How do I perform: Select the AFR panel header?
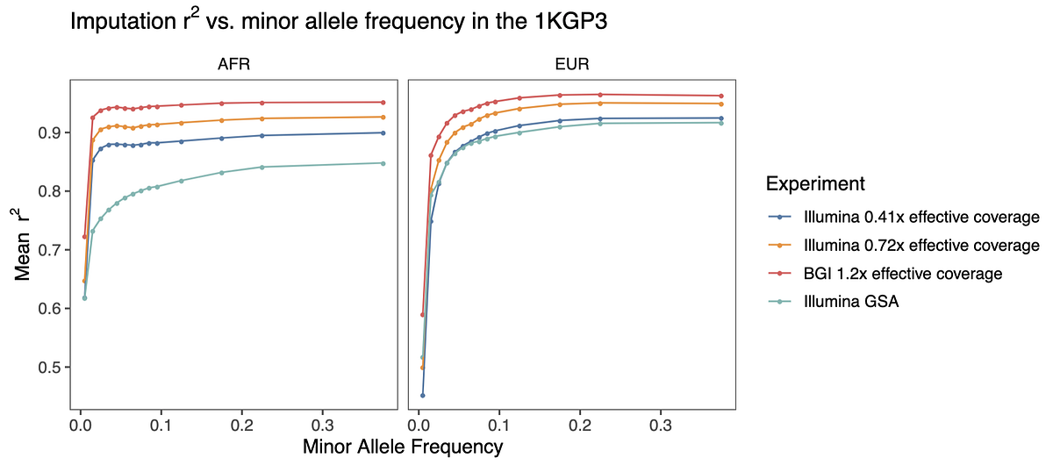233,65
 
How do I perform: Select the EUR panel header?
571,65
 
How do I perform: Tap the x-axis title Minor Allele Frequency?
403,447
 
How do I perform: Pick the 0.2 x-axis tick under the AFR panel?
241,423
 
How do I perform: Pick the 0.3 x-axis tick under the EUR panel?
660,423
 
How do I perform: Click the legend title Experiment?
816,184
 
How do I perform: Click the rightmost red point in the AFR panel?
383,103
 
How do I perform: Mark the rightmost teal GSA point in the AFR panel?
383,163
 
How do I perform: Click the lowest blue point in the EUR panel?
423,396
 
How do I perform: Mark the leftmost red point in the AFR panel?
84,237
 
